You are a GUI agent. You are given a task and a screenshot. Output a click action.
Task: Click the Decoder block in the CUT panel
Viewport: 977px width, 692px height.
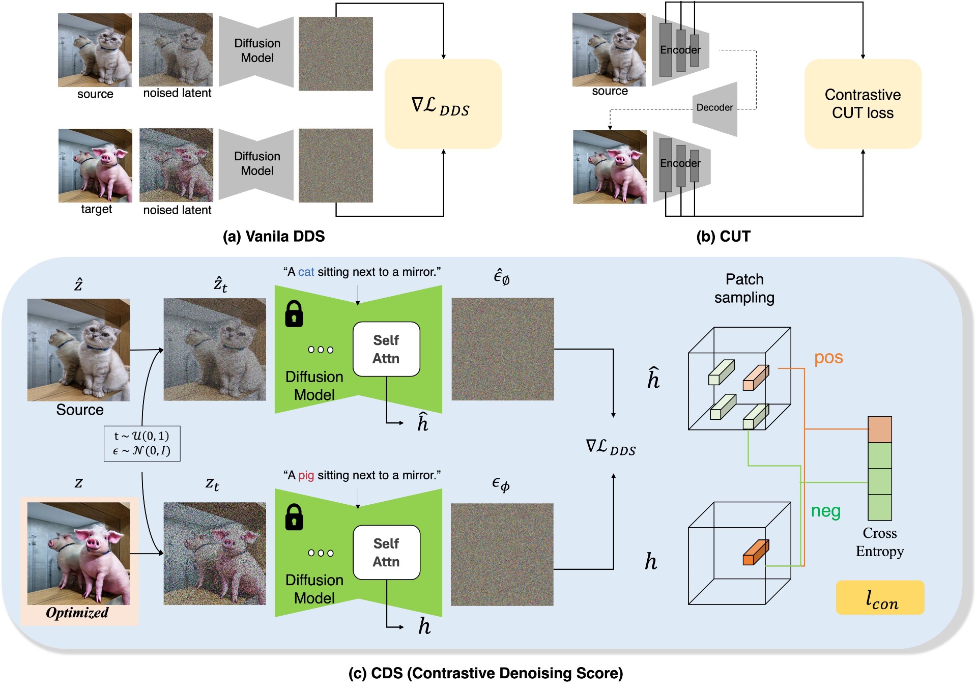(714, 108)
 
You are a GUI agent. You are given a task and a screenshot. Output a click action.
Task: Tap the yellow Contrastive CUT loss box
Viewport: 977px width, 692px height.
(863, 104)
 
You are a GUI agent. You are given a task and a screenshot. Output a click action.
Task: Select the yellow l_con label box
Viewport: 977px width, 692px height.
(880, 598)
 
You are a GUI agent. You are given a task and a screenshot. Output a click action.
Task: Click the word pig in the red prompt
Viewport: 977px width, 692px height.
(306, 476)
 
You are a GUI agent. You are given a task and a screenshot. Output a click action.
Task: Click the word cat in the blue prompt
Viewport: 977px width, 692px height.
(306, 272)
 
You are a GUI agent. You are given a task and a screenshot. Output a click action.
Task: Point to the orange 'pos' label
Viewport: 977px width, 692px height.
(828, 358)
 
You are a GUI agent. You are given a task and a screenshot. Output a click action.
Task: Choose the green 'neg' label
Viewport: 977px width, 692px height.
(825, 511)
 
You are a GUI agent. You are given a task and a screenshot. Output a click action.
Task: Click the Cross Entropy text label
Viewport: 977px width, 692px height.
(880, 542)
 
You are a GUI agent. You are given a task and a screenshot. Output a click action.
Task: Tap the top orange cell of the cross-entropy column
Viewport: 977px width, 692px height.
(880, 429)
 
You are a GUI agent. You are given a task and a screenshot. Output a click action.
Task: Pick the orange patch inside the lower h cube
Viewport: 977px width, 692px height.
(756, 553)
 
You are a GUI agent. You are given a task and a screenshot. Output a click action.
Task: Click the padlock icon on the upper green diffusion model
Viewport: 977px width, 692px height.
(294, 313)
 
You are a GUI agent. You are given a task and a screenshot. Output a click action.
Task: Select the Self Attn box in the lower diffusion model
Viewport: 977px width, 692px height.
(386, 553)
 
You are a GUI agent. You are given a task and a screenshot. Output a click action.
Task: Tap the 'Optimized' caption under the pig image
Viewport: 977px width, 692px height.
(77, 613)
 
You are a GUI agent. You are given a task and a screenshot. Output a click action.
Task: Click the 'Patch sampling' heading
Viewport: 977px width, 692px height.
(744, 289)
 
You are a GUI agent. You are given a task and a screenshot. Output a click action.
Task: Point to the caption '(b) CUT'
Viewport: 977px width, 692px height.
(723, 237)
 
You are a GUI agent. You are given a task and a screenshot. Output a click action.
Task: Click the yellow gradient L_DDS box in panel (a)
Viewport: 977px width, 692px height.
(443, 104)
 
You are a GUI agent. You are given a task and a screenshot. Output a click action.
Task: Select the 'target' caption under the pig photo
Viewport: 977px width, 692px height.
(96, 210)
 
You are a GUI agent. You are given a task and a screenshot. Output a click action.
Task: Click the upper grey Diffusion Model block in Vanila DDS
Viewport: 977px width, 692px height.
(256, 51)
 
